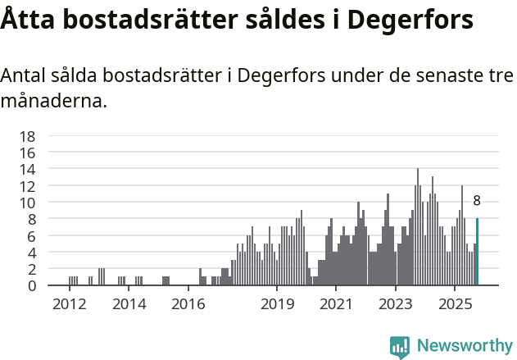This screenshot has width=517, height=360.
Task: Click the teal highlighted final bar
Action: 477,253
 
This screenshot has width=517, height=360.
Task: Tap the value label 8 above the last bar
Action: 477,201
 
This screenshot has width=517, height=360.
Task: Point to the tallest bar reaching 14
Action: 418,228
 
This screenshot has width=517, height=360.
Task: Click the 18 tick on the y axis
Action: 28,136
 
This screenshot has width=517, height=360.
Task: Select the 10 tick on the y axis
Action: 28,203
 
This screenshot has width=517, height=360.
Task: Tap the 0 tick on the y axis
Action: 31,286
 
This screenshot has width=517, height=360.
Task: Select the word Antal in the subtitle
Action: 23,75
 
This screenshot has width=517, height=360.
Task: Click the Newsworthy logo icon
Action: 400,346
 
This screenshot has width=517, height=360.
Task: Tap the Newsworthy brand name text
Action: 464,346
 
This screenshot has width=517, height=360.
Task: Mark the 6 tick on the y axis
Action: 31,236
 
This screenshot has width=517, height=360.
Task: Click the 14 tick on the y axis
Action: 28,170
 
